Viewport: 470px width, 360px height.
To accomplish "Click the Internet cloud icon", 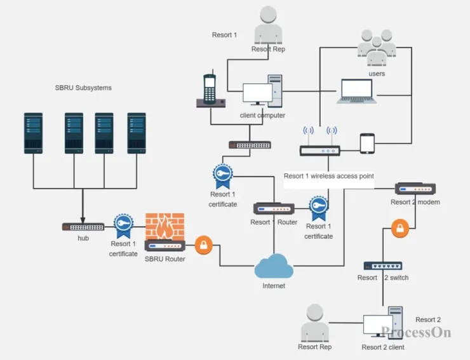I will (274, 267).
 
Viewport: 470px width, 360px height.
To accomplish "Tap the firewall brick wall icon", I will (164, 226).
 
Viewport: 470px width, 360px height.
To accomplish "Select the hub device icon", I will (83, 227).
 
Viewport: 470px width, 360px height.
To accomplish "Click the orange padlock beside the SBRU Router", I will (203, 246).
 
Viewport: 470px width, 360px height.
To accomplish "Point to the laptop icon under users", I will (357, 91).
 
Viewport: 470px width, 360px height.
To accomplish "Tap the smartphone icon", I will (368, 143).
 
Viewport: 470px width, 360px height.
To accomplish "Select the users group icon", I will (377, 48).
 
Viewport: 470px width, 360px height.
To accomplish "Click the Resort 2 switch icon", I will (383, 265).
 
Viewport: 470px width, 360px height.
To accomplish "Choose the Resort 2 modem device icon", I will (415, 189).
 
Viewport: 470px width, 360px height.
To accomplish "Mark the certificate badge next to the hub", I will (123, 225).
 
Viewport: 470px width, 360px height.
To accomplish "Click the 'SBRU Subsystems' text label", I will (83, 88).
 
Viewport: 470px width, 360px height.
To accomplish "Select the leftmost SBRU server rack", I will (33, 133).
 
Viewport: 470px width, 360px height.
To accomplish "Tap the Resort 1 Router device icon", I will (274, 208).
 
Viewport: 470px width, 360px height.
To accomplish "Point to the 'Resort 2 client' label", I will (383, 347).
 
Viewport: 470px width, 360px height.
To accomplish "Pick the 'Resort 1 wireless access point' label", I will (328, 176).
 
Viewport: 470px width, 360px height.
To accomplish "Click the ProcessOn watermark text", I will (416, 332).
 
